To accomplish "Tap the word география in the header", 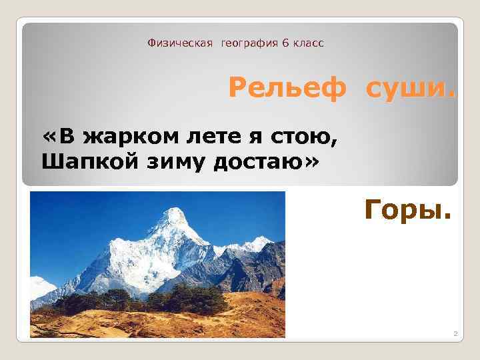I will (251, 43).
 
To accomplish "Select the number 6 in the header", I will (285, 43).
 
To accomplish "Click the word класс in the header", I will (308, 43).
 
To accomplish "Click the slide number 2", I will (455, 333).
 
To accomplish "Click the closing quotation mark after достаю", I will (312, 161).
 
